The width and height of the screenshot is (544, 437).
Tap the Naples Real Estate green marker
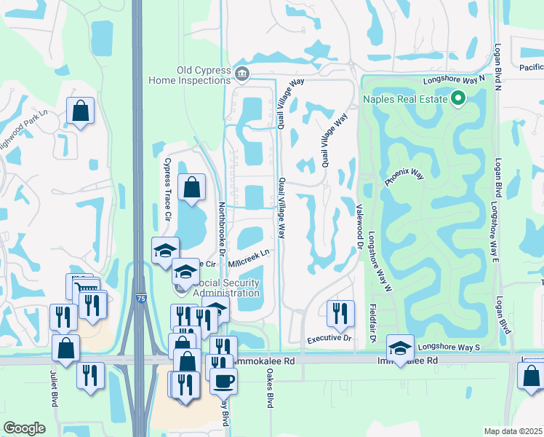(458, 98)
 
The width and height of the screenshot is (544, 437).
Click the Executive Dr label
(329, 339)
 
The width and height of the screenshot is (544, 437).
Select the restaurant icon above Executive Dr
(340, 313)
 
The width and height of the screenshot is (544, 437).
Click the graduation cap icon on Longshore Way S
(400, 348)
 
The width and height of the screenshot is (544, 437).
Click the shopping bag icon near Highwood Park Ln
(80, 111)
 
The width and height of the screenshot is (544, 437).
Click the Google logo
(24, 428)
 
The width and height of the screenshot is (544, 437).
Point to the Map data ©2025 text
(513, 431)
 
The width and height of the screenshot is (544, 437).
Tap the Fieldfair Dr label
(371, 324)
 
